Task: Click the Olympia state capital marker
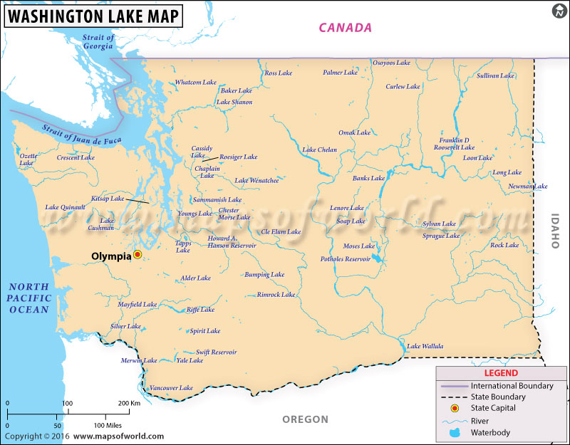point(138,254)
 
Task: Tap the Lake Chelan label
point(320,150)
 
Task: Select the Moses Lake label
point(358,246)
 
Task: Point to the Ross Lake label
point(278,73)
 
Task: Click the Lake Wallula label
point(425,347)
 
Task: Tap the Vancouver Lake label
point(171,388)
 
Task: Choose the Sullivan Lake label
point(495,75)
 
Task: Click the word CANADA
point(345,28)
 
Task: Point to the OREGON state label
point(305,419)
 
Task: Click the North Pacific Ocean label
point(28,298)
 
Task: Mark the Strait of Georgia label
point(98,41)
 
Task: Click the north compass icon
point(559,11)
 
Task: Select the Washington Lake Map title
point(92,14)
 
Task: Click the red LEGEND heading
point(502,372)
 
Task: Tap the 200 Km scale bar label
point(129,404)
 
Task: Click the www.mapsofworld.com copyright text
point(118,436)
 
